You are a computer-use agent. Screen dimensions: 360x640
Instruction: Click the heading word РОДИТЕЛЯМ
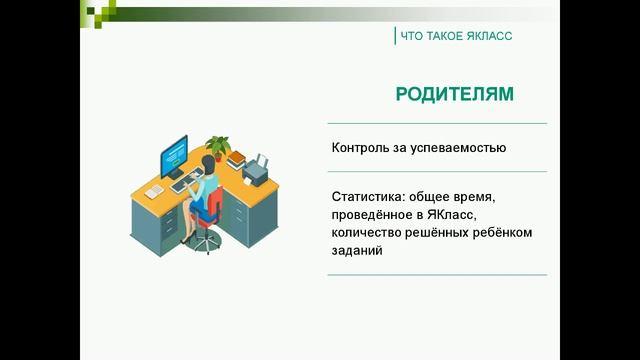click(454, 95)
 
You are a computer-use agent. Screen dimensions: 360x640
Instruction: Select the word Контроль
click(362, 148)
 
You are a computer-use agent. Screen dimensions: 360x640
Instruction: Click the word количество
click(369, 233)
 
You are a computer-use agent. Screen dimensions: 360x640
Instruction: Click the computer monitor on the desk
click(177, 156)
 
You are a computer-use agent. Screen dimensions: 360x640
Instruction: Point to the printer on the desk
click(257, 171)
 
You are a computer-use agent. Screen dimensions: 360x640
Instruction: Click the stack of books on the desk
click(236, 158)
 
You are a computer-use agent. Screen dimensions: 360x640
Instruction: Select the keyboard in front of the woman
click(185, 186)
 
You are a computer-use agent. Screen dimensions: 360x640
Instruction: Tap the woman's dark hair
click(209, 166)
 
